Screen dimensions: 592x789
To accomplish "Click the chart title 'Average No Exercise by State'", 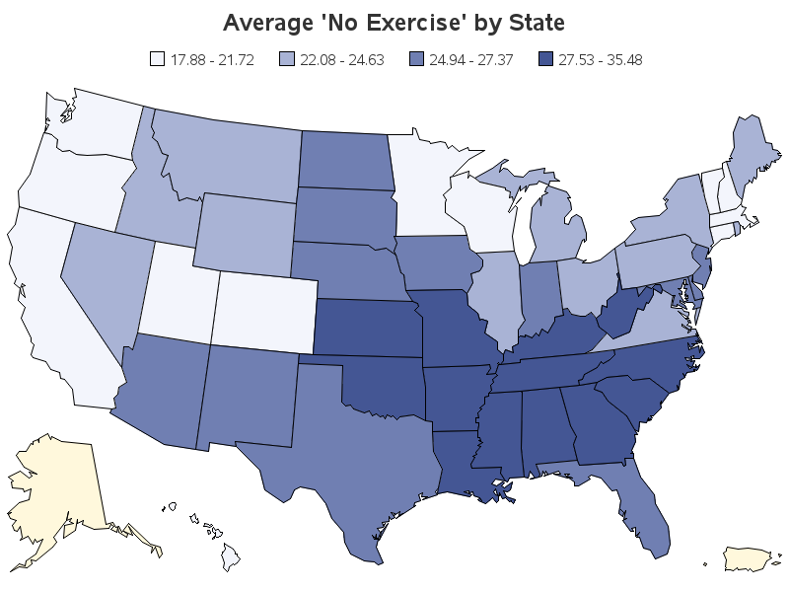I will pyautogui.click(x=394, y=23).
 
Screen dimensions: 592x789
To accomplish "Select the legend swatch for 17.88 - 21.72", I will pyautogui.click(x=158, y=59).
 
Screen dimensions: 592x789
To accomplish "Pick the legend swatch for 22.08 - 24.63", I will pyautogui.click(x=286, y=59).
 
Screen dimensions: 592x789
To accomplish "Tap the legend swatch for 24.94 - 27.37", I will pyautogui.click(x=416, y=59).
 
